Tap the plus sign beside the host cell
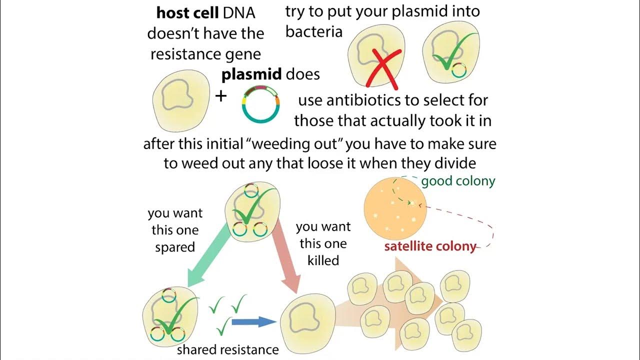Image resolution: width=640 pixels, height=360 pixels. (220, 96)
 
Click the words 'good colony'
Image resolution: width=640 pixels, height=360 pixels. (458, 180)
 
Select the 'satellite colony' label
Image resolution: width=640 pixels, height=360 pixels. (429, 246)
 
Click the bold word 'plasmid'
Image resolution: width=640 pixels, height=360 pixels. (251, 74)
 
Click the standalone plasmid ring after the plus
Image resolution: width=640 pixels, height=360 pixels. (260, 104)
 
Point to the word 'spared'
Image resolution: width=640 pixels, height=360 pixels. (174, 247)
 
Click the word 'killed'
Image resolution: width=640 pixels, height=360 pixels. (323, 260)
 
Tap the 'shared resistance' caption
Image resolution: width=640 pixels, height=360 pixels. (227, 349)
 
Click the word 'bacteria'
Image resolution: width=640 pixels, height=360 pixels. (314, 32)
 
